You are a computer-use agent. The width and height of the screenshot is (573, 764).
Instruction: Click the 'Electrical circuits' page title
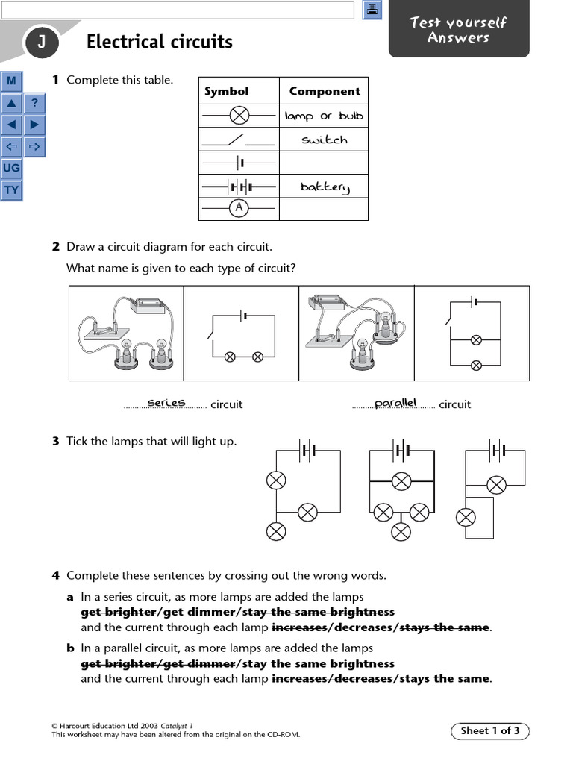pos(159,42)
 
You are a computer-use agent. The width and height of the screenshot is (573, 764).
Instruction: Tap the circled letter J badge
pos(41,44)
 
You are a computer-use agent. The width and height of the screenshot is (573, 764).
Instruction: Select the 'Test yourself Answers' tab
pos(458,30)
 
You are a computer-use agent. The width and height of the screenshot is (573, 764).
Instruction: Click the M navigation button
pos(12,81)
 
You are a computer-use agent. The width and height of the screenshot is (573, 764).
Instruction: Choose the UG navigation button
pos(12,168)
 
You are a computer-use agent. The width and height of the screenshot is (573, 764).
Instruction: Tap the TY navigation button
pos(12,190)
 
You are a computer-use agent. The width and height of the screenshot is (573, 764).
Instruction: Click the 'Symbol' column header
pos(226,91)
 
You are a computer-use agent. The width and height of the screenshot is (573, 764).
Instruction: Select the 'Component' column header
pos(324,91)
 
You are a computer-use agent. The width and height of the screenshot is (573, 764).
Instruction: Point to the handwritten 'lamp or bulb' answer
pos(324,116)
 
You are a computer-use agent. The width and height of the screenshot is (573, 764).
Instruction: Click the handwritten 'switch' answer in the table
pos(324,140)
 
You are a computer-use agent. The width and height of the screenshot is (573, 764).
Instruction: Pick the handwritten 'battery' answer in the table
pos(325,187)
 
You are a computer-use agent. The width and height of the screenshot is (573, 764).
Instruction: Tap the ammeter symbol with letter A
pos(239,208)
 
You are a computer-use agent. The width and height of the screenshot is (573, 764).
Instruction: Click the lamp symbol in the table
pos(239,116)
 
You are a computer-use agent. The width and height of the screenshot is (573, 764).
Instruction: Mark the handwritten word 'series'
pos(166,403)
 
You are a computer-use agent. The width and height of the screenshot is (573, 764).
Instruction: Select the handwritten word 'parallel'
pos(395,403)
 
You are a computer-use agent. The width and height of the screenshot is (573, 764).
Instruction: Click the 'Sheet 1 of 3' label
pos(490,731)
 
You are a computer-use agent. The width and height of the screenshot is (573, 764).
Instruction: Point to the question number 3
pos(55,441)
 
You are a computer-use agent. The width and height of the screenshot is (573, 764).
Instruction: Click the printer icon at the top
pos(372,10)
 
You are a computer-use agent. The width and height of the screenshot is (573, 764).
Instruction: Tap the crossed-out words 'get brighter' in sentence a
pos(119,612)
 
